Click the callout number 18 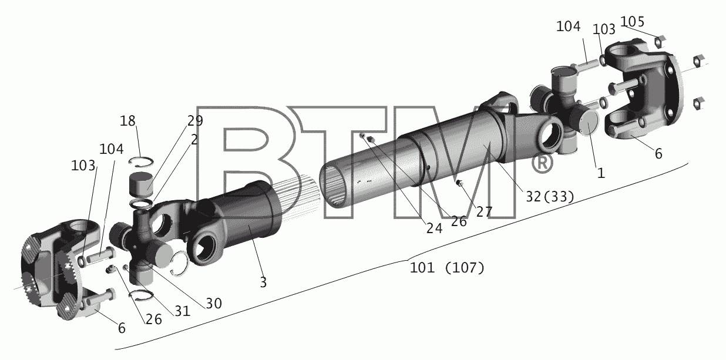pos(127,121)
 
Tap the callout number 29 pos(195,121)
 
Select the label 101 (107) pos(447,268)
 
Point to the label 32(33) pos(550,196)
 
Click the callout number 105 pos(632,22)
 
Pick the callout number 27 pos(484,212)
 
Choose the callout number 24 pos(434,228)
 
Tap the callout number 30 pos(214,304)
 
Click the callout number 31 pos(183,311)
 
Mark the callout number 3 pos(263,282)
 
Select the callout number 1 pos(601,173)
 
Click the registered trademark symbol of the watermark pos(542,163)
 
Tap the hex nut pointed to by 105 pos(660,41)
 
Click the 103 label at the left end pos(83,166)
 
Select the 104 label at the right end pos(568,26)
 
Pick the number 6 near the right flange pos(658,154)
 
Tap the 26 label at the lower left pos(154,319)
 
